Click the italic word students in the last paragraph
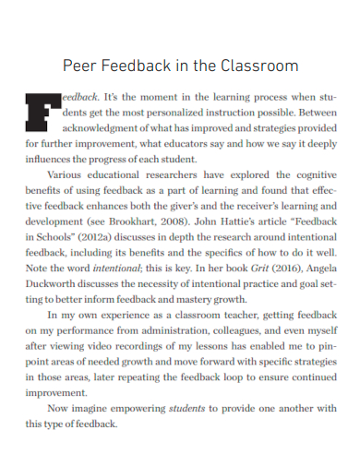tap(188, 409)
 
